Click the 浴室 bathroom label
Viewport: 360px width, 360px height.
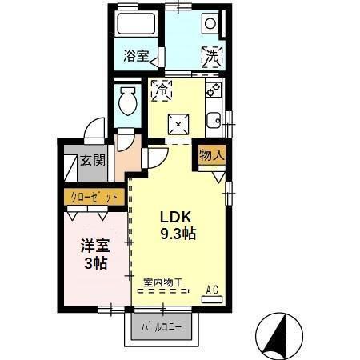pos(135,56)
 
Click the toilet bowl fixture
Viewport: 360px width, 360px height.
pos(127,102)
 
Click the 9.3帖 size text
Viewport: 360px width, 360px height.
pos(178,234)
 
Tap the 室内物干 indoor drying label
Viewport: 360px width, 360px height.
pos(163,282)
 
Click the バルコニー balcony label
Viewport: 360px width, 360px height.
pos(162,328)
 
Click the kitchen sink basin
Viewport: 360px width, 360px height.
pos(214,121)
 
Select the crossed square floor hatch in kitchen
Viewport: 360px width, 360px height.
pos(176,124)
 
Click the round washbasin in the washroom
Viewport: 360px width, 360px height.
pos(210,24)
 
